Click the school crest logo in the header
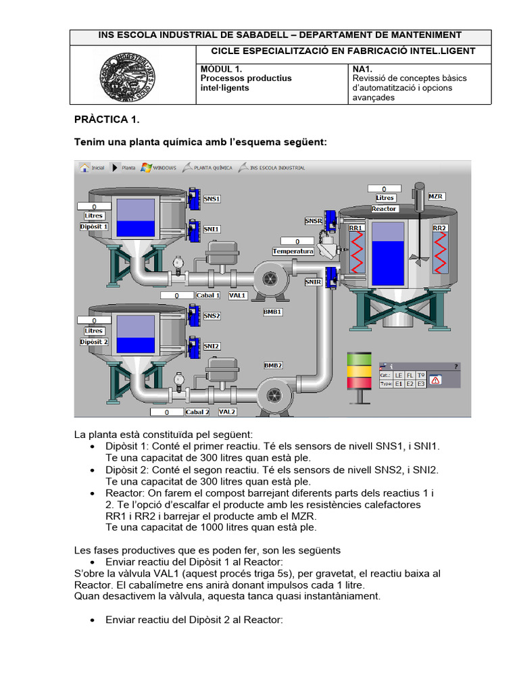(133, 74)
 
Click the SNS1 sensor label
(212, 199)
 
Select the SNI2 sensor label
(212, 346)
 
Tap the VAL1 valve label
(238, 295)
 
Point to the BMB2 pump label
(273, 365)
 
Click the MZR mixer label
(437, 196)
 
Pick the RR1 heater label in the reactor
(355, 228)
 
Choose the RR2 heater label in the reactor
(440, 228)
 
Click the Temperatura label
(293, 251)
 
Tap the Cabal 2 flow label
(197, 412)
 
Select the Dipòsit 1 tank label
(94, 226)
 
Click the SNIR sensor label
(313, 282)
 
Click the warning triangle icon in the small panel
(436, 380)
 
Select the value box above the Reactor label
(385, 189)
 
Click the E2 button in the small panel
(410, 384)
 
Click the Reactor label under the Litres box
(385, 209)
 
